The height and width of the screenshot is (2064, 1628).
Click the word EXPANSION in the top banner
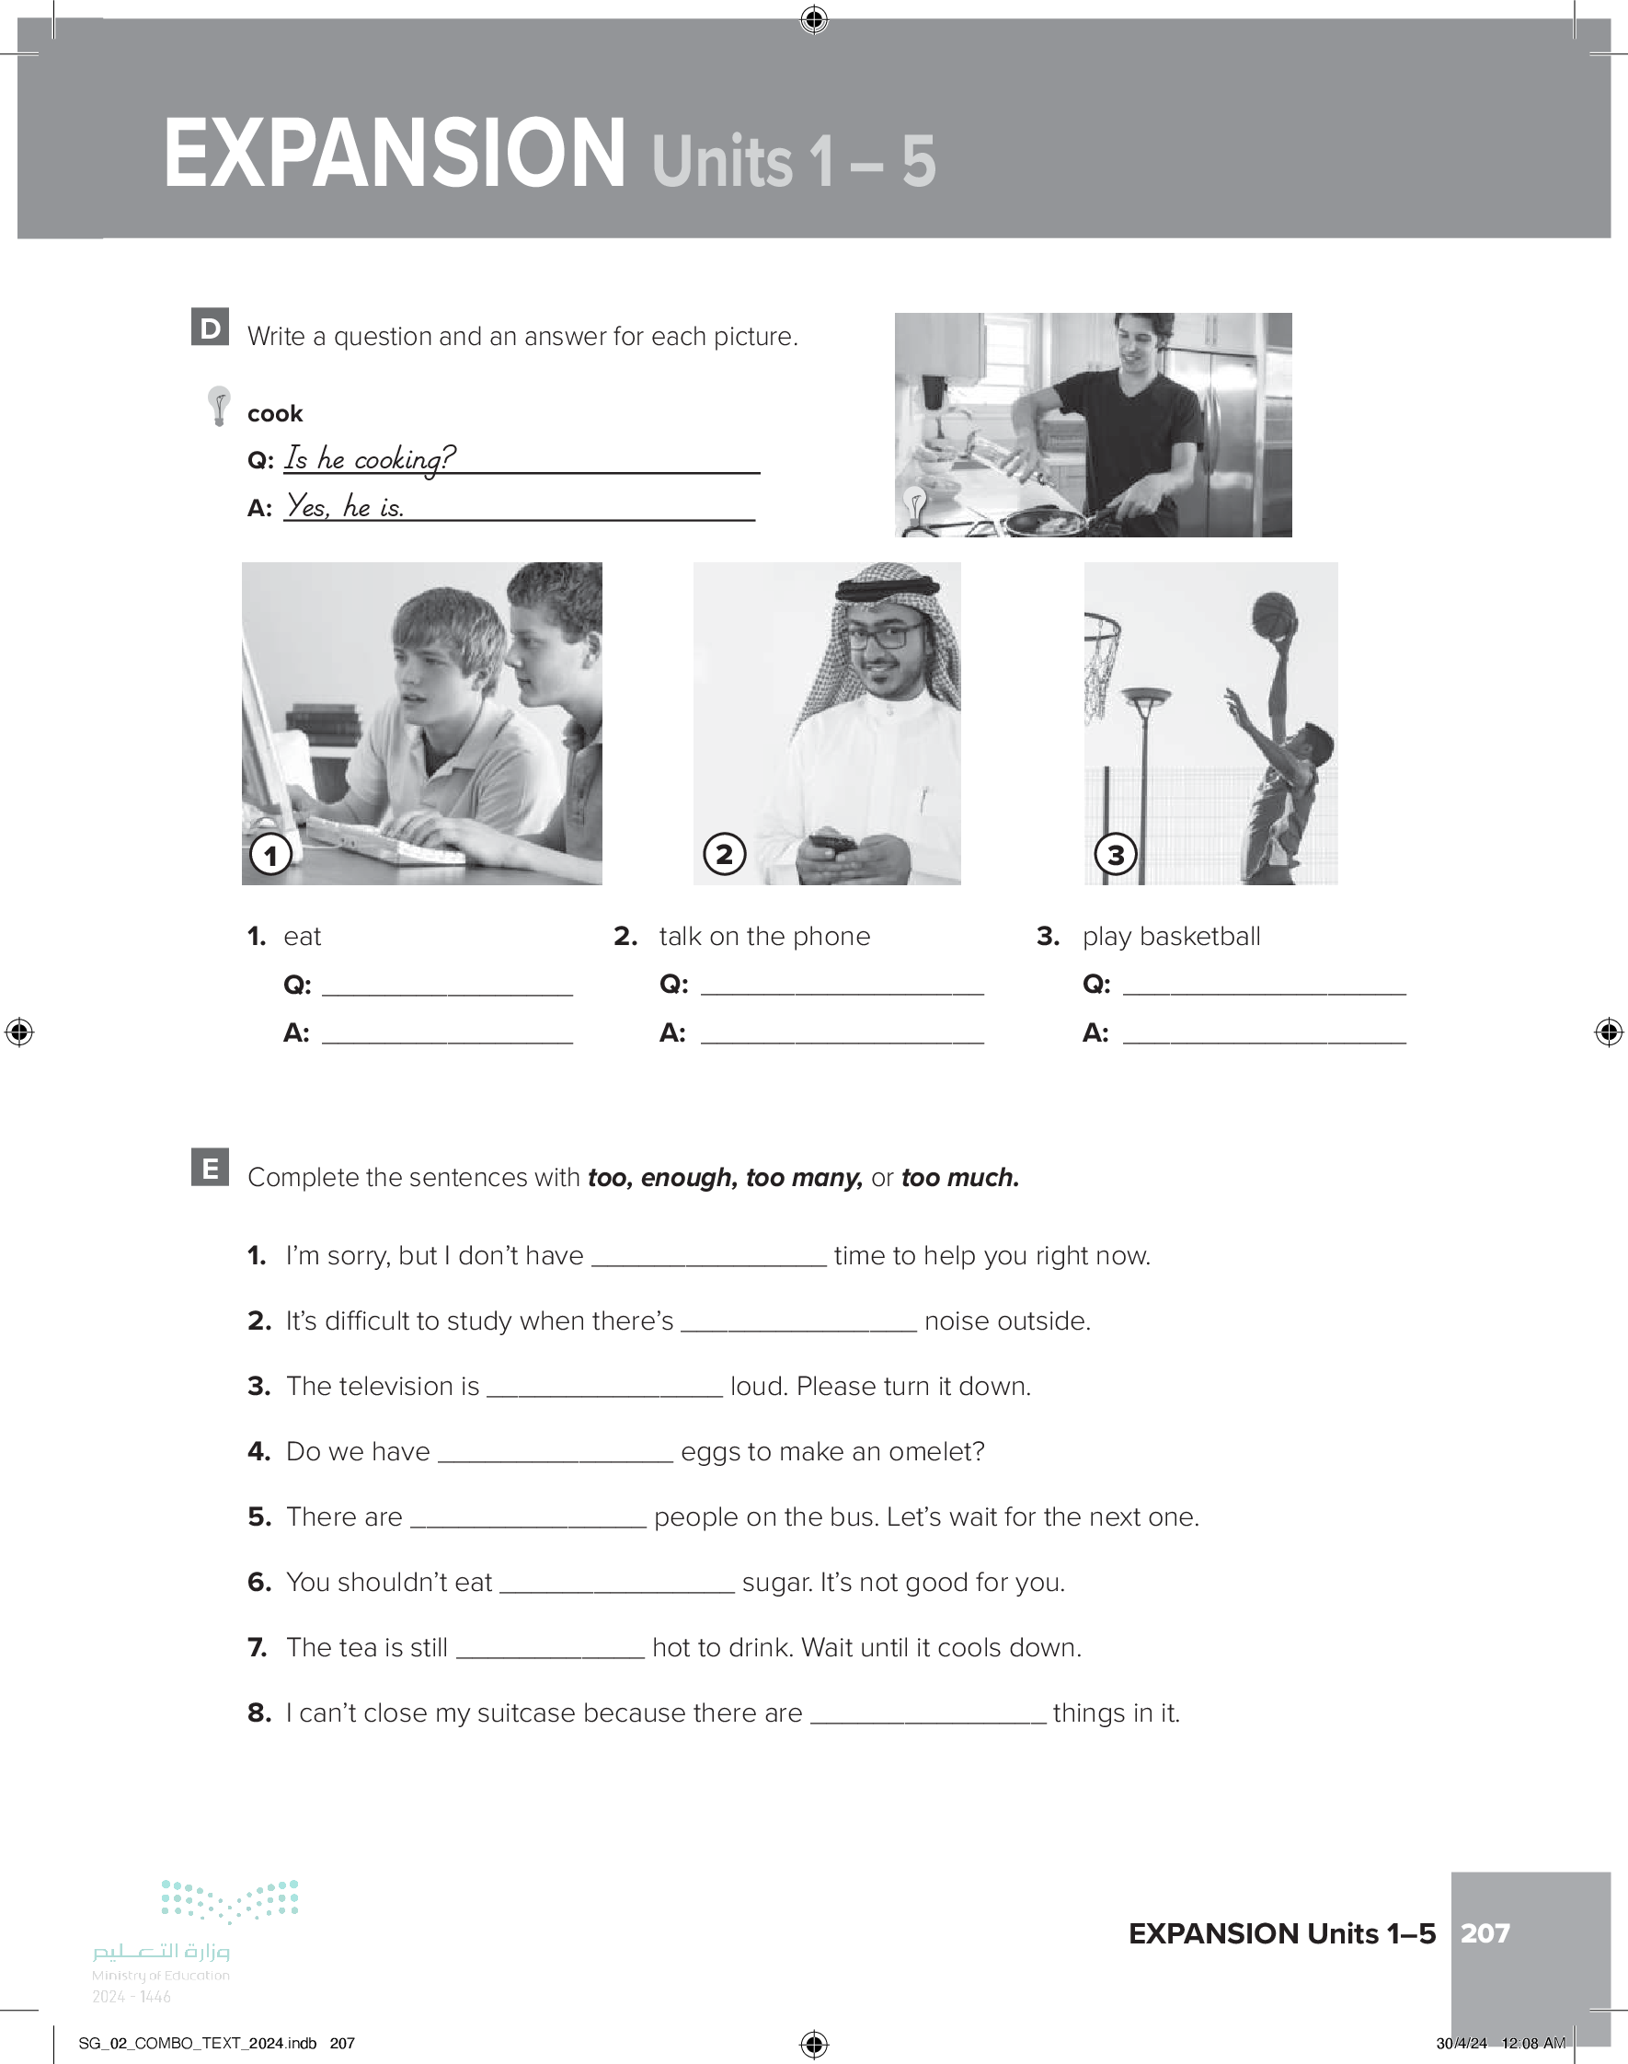394,155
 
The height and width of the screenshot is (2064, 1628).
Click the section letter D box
210,327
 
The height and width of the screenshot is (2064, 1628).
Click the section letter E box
210,1167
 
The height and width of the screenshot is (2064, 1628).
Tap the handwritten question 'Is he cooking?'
371,458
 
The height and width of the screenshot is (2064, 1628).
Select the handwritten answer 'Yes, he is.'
345,506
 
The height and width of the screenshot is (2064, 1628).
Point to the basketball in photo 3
1273,615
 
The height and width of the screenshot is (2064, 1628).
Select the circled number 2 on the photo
725,854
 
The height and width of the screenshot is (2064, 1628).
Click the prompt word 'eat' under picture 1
303,937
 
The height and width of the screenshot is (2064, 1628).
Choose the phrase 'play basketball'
1171,937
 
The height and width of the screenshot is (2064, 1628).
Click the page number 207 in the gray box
1485,1933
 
